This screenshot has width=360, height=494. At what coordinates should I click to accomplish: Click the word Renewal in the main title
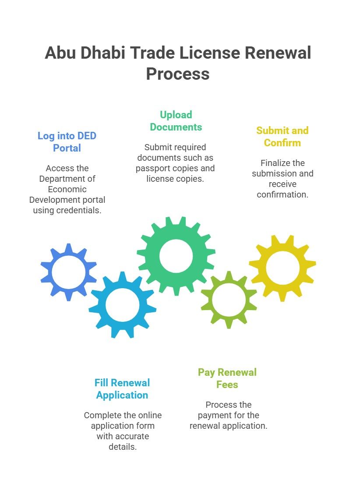[277, 53]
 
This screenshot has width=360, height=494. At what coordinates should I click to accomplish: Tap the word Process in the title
[178, 74]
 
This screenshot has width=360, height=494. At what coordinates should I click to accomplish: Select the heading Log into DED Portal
[67, 142]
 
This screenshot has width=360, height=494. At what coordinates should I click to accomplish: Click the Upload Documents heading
[176, 121]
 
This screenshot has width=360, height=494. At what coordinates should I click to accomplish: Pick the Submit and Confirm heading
[282, 137]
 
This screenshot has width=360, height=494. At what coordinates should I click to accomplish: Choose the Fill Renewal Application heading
[122, 389]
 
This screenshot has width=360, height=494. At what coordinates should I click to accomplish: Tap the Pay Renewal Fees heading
[227, 378]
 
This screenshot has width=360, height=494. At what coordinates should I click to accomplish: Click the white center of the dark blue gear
[69, 272]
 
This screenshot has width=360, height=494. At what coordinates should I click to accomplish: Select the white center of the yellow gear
[282, 268]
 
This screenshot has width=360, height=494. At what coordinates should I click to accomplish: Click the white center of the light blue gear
[122, 305]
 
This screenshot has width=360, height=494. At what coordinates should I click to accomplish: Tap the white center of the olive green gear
[229, 300]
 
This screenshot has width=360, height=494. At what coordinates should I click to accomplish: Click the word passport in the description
[153, 168]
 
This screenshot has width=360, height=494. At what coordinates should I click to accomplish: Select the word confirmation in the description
[282, 194]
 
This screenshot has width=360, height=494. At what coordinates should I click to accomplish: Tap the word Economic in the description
[67, 189]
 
